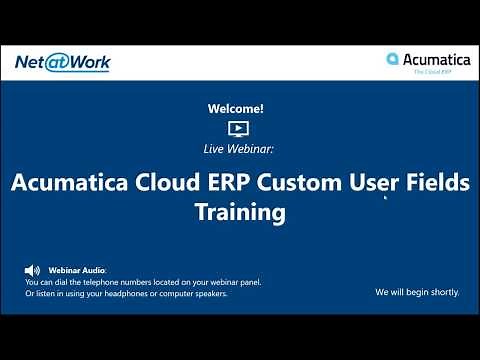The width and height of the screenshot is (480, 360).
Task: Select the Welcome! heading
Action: tap(236, 107)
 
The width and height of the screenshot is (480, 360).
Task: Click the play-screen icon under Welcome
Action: tap(237, 128)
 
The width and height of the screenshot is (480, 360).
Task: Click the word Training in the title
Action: tap(240, 213)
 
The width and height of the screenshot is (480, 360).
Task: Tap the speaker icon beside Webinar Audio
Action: tap(32, 270)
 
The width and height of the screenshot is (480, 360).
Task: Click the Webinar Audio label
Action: tap(76, 270)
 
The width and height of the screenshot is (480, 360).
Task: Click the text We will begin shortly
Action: tap(417, 293)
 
